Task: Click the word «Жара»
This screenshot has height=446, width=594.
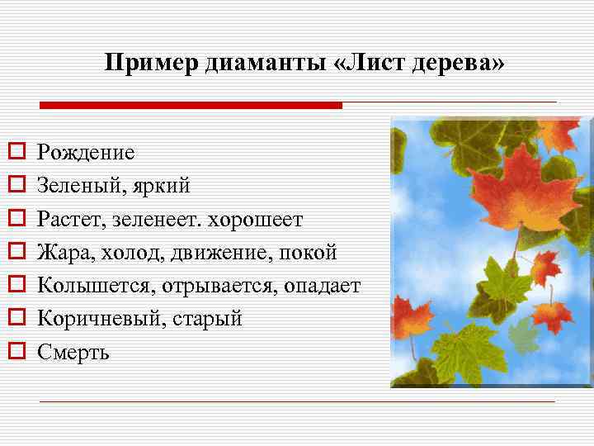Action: pos(65,253)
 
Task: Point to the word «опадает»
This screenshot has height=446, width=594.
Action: pos(323,286)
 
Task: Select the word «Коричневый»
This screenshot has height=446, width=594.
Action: pos(101,319)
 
